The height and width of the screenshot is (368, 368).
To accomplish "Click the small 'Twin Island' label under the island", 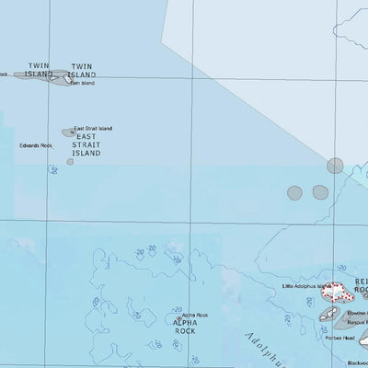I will (x=82, y=83).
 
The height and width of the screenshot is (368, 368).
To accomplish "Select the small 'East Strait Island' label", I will (x=93, y=128).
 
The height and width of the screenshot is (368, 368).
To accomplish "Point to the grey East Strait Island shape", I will (x=68, y=132).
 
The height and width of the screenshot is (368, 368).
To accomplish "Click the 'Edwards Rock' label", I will (x=36, y=145).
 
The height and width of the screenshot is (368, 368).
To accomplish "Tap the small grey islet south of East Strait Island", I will (x=70, y=162).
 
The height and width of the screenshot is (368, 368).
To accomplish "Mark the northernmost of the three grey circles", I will (x=335, y=166).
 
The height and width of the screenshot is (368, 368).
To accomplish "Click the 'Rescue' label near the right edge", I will (x=359, y=324).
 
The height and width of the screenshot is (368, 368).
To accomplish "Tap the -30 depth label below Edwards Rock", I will (x=54, y=169).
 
